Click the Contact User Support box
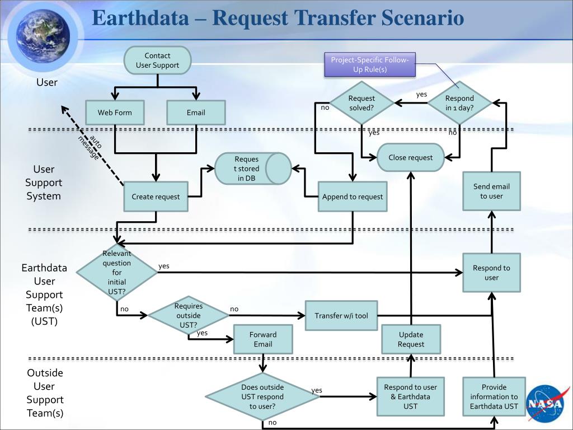pyautogui.click(x=157, y=60)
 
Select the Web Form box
pyautogui.click(x=115, y=113)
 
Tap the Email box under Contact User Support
pyautogui.click(x=196, y=113)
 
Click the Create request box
pyautogui.click(x=156, y=197)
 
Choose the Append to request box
pyautogui.click(x=353, y=197)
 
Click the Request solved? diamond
pyautogui.click(x=361, y=103)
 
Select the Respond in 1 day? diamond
pyautogui.click(x=459, y=103)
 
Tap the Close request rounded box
pyautogui.click(x=411, y=157)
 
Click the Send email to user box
pyautogui.click(x=491, y=191)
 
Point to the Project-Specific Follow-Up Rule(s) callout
pyautogui.click(x=370, y=65)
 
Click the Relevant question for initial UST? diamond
pyautogui.click(x=117, y=272)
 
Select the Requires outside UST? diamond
pyautogui.click(x=189, y=315)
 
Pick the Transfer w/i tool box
pyautogui.click(x=341, y=316)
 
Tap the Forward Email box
pyautogui.click(x=263, y=339)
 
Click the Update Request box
pyautogui.click(x=411, y=339)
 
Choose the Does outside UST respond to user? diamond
pyautogui.click(x=262, y=396)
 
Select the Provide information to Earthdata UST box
pyautogui.click(x=494, y=396)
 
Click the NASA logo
pyautogui.click(x=544, y=403)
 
